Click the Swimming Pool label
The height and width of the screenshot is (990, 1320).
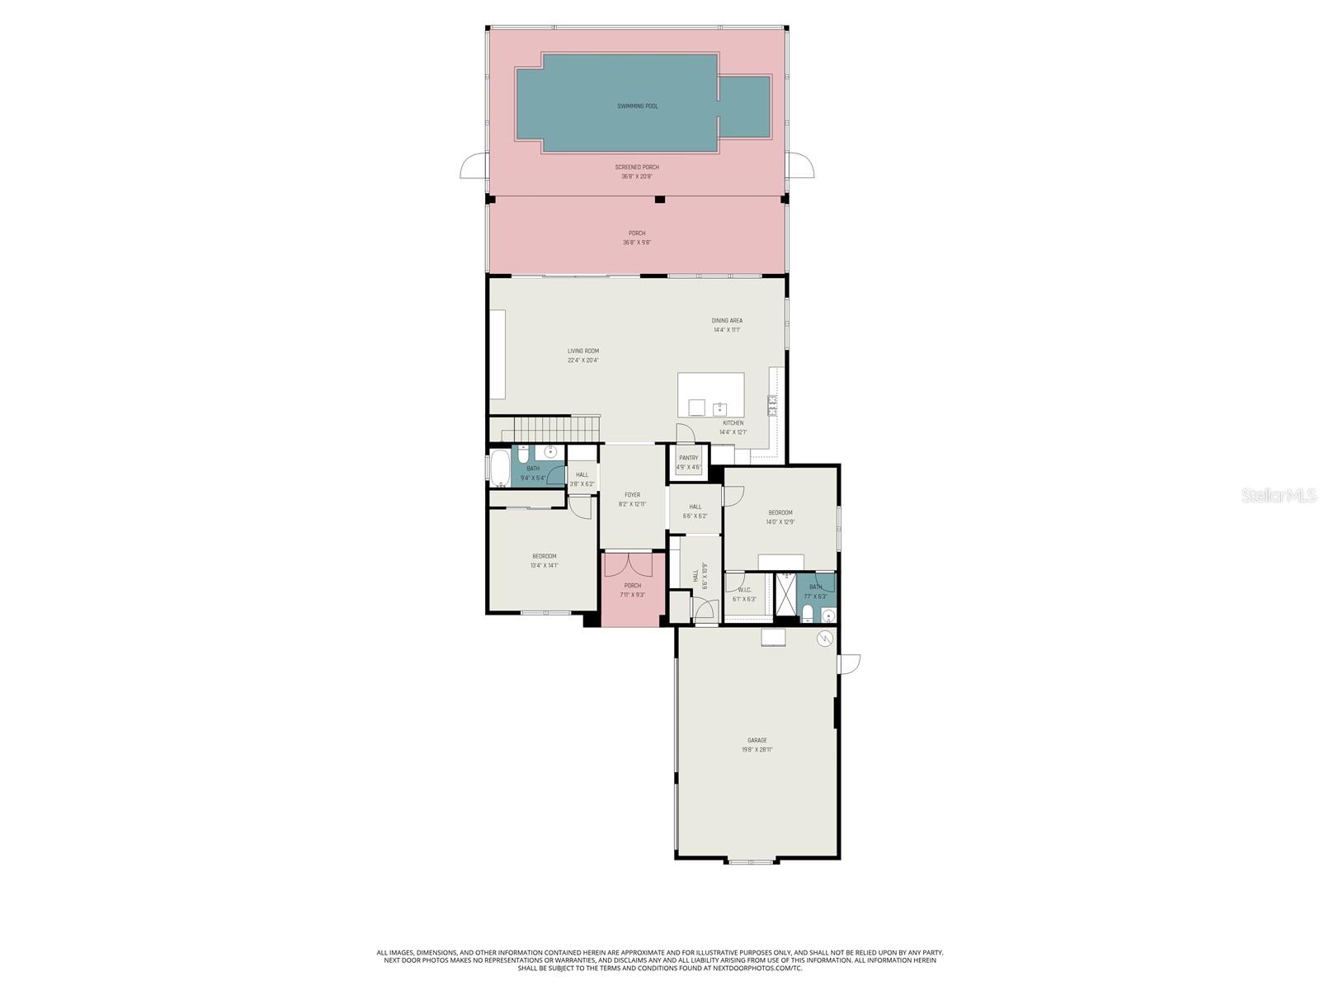coord(638,106)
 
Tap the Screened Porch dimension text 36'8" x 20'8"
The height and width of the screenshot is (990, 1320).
coord(637,177)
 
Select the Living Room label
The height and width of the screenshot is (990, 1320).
coord(582,351)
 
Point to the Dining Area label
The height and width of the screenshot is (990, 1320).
coord(727,321)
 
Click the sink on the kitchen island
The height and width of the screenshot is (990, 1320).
coord(719,408)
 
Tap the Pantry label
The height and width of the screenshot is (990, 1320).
coord(688,458)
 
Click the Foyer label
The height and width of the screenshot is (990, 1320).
coord(632,495)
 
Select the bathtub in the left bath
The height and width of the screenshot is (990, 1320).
coord(500,469)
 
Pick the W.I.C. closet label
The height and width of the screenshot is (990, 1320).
coord(743,590)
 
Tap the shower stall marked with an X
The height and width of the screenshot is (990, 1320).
coord(786,594)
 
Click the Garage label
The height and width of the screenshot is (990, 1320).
coord(757,741)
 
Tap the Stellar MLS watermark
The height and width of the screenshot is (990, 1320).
coord(1278,495)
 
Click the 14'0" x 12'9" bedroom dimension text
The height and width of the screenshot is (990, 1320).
coord(780,522)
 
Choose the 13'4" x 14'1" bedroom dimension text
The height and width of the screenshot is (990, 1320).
coord(544,566)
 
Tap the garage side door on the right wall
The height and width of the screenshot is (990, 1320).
coord(849,663)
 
